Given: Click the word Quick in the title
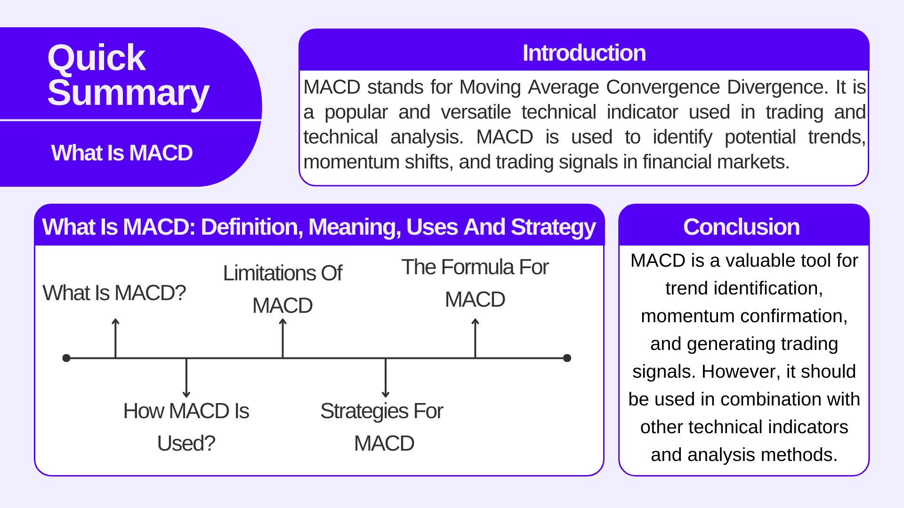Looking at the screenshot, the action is (97, 59).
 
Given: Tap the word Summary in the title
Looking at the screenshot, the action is (128, 93).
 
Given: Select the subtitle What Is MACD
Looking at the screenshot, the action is (122, 153).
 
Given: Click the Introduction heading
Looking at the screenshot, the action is (584, 53).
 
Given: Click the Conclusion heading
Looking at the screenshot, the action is (742, 227).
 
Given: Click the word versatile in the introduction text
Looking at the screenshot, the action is (476, 112).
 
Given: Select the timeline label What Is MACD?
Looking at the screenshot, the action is (114, 293).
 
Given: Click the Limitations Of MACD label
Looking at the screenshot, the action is (282, 289).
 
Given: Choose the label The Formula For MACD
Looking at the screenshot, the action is (475, 283).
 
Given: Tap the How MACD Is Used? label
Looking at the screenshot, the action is (186, 427).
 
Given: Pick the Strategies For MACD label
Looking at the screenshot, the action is (382, 427).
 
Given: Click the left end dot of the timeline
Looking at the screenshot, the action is (66, 358).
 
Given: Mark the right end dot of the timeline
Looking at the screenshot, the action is (567, 358).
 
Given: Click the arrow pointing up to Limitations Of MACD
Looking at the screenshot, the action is (282, 338).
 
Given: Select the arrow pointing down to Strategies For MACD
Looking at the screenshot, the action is (386, 378).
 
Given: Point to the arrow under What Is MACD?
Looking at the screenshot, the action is (115, 338).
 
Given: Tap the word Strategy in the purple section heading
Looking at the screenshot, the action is (553, 227).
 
